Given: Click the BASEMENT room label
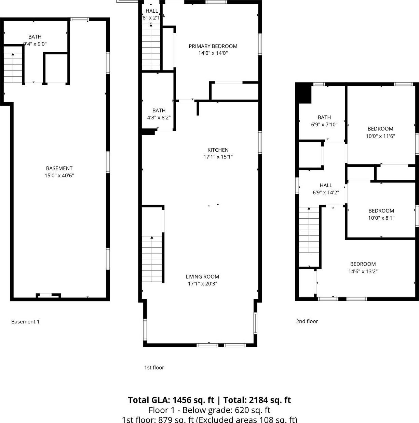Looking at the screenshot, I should (59, 168).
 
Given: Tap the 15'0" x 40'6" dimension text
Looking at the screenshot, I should (59, 176).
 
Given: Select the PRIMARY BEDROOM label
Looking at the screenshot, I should (213, 46).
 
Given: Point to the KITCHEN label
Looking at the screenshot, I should (218, 150).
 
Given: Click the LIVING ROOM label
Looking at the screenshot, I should (202, 277).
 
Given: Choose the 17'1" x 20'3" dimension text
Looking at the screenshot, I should (202, 284).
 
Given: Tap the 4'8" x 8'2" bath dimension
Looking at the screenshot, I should (159, 117).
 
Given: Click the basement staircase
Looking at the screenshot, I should (13, 67).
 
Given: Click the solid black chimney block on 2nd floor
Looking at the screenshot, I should (304, 94).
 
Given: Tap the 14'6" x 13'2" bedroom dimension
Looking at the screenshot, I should (363, 271).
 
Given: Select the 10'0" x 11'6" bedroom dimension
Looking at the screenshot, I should (380, 136).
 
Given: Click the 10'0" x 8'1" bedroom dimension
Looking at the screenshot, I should (381, 218).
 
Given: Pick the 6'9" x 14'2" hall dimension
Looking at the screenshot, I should (326, 193).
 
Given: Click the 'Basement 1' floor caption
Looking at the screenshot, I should (25, 322).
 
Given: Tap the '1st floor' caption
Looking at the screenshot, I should (154, 368).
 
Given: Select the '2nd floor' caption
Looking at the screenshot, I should (307, 321).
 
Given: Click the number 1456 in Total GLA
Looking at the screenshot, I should (183, 400).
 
